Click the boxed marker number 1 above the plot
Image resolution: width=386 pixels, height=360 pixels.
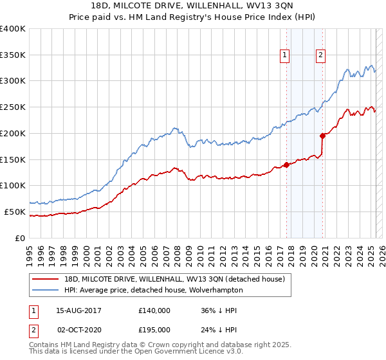[x=284, y=55]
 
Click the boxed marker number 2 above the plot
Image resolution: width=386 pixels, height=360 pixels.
[x=320, y=55]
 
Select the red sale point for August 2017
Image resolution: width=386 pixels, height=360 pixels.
[x=286, y=164]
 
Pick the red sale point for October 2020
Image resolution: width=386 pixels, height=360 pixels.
[x=322, y=136]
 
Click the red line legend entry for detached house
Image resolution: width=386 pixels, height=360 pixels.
[x=173, y=278]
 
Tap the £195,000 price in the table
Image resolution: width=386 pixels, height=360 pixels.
[x=154, y=330]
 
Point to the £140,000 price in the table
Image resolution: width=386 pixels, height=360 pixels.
[x=154, y=310]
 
